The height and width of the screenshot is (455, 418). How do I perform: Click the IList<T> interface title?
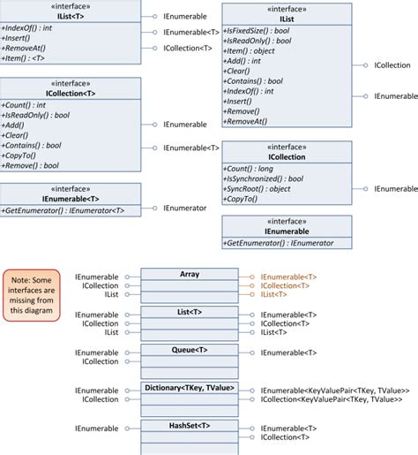[x=71, y=17]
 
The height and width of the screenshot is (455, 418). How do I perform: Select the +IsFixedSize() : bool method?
[x=257, y=31]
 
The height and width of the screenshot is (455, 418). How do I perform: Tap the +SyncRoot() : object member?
[x=257, y=189]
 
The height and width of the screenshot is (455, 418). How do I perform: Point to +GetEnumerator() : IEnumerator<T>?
[x=63, y=210]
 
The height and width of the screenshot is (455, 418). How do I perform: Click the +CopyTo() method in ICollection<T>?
[x=19, y=155]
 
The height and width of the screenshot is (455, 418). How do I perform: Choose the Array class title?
[x=190, y=274]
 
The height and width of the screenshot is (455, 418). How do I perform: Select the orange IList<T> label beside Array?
[x=273, y=294]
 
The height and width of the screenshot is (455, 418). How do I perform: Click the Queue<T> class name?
[x=190, y=350]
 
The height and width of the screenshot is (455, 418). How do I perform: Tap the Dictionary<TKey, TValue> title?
[x=190, y=388]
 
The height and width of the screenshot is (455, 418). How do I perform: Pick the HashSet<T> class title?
[x=190, y=426]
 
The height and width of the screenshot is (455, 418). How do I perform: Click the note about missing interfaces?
[x=32, y=295]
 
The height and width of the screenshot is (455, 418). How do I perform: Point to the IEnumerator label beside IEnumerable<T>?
[x=185, y=209]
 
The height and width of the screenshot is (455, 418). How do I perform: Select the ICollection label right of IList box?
[x=392, y=65]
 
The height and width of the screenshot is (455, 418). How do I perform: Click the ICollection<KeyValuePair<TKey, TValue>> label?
[x=332, y=399]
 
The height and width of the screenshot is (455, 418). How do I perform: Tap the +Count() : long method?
[x=248, y=169]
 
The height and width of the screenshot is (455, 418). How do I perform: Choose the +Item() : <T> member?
[x=23, y=58]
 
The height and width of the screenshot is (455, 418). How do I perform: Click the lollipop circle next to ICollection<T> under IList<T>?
[x=155, y=48]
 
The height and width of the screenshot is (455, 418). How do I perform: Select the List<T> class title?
[x=190, y=312]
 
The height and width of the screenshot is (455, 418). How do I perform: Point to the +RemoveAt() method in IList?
[x=245, y=121]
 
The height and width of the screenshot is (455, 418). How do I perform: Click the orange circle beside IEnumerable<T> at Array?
[x=252, y=277]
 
